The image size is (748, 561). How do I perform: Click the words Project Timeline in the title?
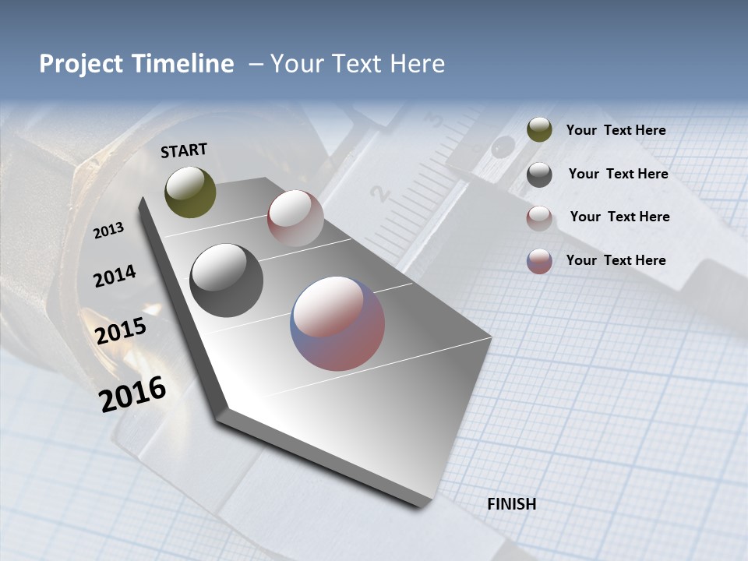pyautogui.click(x=136, y=64)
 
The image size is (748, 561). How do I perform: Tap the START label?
pyautogui.click(x=184, y=150)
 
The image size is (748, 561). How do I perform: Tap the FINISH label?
pyautogui.click(x=512, y=504)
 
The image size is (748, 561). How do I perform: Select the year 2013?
pyautogui.click(x=108, y=231)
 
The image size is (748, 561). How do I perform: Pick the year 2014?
pyautogui.click(x=115, y=276)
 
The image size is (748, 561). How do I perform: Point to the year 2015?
pyautogui.click(x=121, y=331)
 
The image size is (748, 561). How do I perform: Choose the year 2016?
pyautogui.click(x=132, y=393)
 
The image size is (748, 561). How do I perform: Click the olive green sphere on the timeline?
pyautogui.click(x=190, y=192)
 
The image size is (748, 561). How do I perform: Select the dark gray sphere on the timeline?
pyautogui.click(x=226, y=280)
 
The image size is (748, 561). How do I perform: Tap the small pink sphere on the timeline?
pyautogui.click(x=295, y=217)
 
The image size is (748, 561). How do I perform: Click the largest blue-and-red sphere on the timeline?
pyautogui.click(x=337, y=323)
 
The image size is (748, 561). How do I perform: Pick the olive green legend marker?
pyautogui.click(x=539, y=130)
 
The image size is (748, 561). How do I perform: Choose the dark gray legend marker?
pyautogui.click(x=539, y=175)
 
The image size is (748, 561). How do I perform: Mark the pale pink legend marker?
pyautogui.click(x=539, y=218)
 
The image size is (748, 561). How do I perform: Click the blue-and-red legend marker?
pyautogui.click(x=539, y=261)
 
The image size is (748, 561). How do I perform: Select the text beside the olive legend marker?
pyautogui.click(x=616, y=130)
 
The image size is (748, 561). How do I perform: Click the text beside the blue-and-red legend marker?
pyautogui.click(x=616, y=260)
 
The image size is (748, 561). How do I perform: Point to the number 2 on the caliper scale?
pyautogui.click(x=379, y=193)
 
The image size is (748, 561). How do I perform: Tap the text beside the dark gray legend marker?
pyautogui.click(x=618, y=174)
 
